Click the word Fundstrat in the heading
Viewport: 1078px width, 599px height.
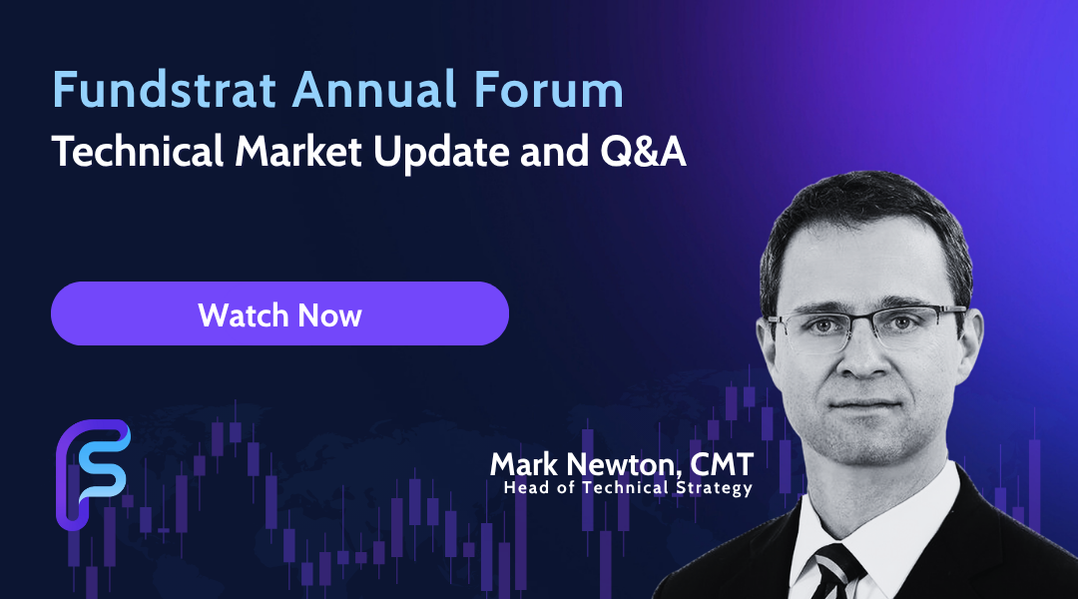tap(165, 90)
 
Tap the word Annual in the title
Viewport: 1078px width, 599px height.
tap(374, 90)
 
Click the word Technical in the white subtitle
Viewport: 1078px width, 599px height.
tap(138, 152)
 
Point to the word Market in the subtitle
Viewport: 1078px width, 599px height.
tap(298, 152)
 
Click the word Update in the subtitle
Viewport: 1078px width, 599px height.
tap(441, 154)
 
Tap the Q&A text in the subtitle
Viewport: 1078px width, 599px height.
tap(643, 152)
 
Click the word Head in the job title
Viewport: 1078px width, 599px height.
tap(519, 487)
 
